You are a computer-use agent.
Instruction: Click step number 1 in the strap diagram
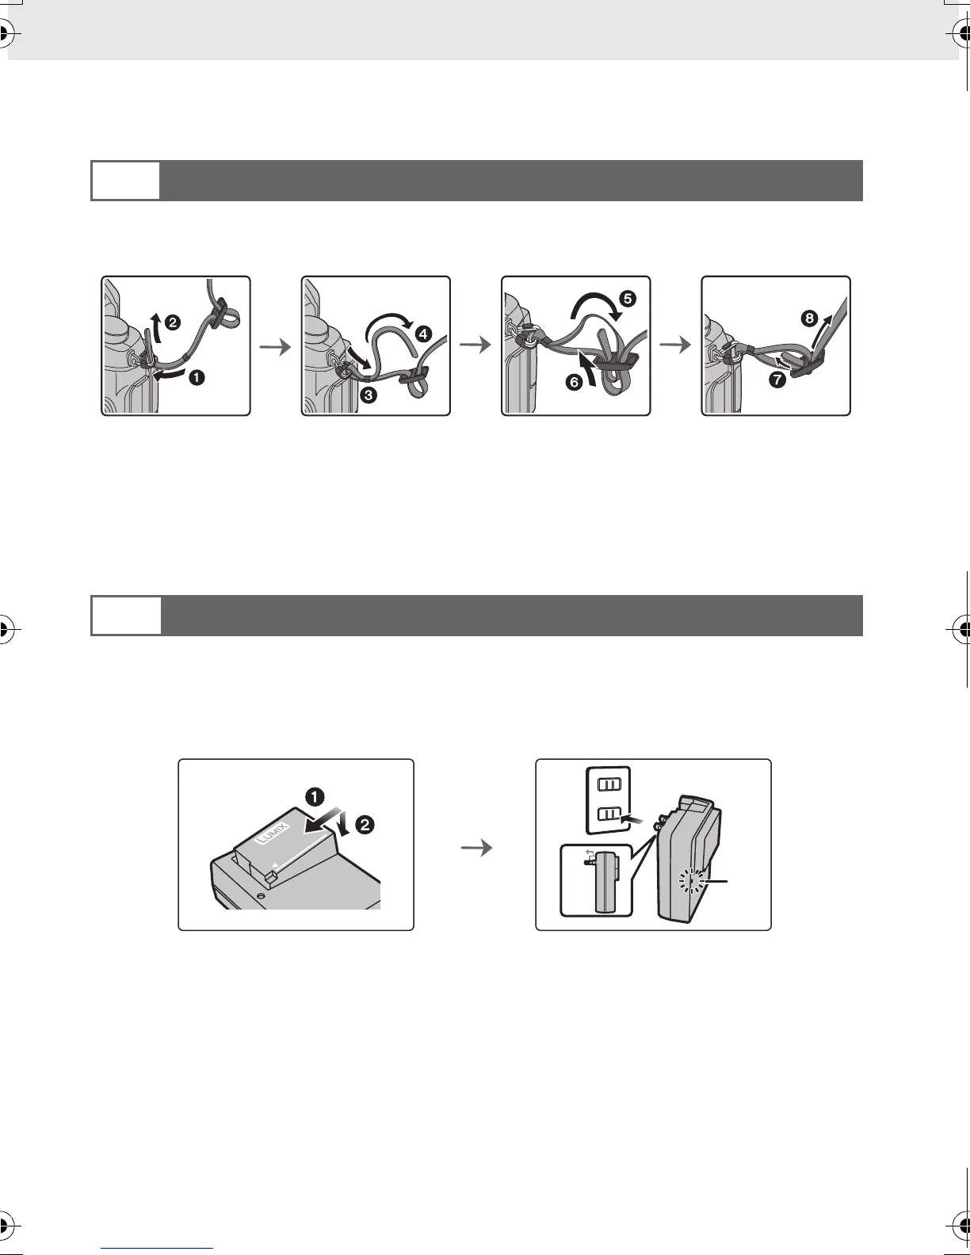coord(196,378)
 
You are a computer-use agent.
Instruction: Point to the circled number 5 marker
coord(627,299)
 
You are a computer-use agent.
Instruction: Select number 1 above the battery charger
coord(315,795)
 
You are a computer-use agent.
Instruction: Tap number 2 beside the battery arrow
coord(365,825)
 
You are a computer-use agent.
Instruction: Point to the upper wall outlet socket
coord(608,784)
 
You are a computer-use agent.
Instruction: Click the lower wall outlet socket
coord(608,815)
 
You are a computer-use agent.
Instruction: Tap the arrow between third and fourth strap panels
coord(675,346)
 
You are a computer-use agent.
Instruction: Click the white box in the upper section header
coord(125,181)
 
